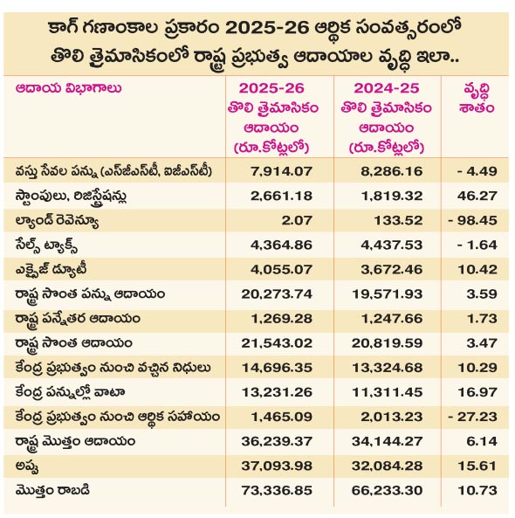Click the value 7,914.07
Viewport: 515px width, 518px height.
coord(281,171)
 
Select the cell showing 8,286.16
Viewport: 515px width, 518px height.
coord(392,171)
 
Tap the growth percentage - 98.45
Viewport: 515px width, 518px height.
coord(473,220)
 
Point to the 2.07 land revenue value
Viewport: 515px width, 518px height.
coord(297,220)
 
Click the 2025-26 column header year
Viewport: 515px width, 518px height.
coord(271,88)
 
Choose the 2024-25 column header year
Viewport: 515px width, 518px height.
coord(386,88)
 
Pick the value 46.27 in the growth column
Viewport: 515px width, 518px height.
coord(477,196)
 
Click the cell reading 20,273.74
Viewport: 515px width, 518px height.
coord(277,294)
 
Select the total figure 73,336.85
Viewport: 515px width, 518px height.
coord(277,490)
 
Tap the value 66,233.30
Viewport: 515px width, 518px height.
coord(387,490)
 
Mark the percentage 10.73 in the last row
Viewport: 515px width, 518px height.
coord(477,490)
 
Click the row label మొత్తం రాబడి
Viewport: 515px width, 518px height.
coord(52,490)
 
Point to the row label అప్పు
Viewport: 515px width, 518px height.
coord(27,466)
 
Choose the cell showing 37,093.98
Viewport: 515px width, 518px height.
coord(277,466)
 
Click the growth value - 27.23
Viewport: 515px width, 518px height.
coord(473,417)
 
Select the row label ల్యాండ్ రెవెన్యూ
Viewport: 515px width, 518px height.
coord(57,221)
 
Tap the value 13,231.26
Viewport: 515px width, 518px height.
coord(277,392)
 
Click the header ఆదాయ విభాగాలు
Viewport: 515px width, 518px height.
coord(68,88)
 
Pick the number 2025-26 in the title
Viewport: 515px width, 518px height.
coord(267,29)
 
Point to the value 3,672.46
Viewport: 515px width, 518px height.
coord(392,269)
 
